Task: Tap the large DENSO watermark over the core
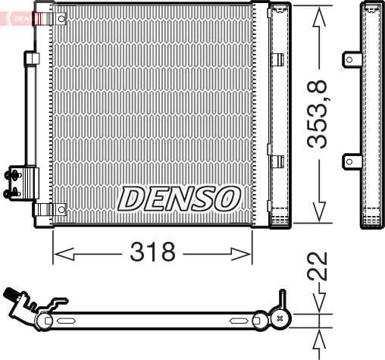point(178,199)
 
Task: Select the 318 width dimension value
point(152,252)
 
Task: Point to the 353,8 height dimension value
point(321,115)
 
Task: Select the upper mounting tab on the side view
point(352,58)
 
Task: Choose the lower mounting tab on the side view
point(352,160)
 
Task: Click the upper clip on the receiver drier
point(277,58)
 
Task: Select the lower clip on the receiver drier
point(277,160)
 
